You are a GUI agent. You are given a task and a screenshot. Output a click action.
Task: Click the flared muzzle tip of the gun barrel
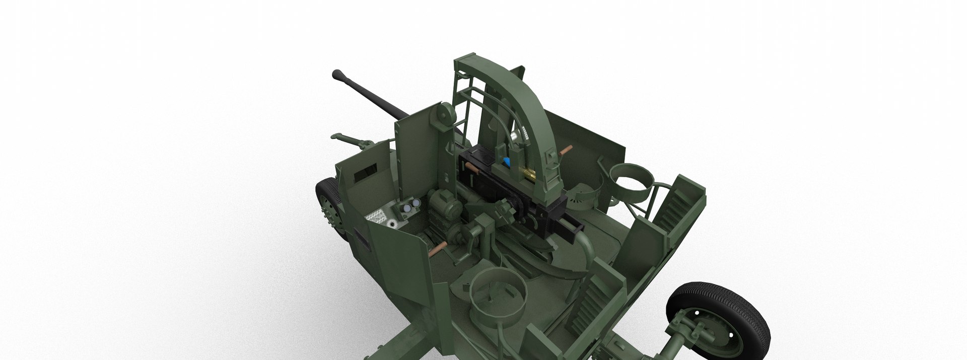(x=337, y=76)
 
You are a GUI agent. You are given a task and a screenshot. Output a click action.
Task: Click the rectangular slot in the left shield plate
(x=366, y=174)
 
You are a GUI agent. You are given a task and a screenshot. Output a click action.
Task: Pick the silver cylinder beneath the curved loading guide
(x=515, y=136)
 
